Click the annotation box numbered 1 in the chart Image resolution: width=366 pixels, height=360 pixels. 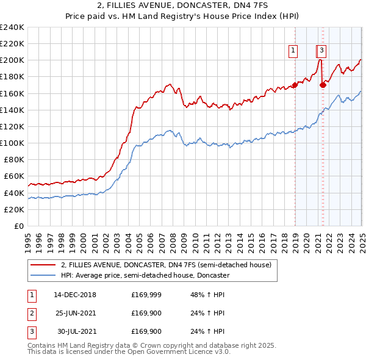pyautogui.click(x=293, y=51)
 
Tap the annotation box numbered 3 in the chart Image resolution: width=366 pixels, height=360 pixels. pyautogui.click(x=321, y=51)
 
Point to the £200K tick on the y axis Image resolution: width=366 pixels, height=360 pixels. pyautogui.click(x=12, y=60)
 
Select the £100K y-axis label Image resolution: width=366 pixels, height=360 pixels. pyautogui.click(x=12, y=143)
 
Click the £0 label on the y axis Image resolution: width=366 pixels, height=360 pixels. pyautogui.click(x=18, y=226)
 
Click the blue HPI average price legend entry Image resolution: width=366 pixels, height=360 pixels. pyautogui.click(x=145, y=275)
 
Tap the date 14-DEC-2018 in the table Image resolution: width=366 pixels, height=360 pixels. pyautogui.click(x=75, y=295)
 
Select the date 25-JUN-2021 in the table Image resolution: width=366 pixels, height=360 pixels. pyautogui.click(x=75, y=314)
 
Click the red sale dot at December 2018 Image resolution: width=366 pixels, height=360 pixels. pyautogui.click(x=295, y=85)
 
